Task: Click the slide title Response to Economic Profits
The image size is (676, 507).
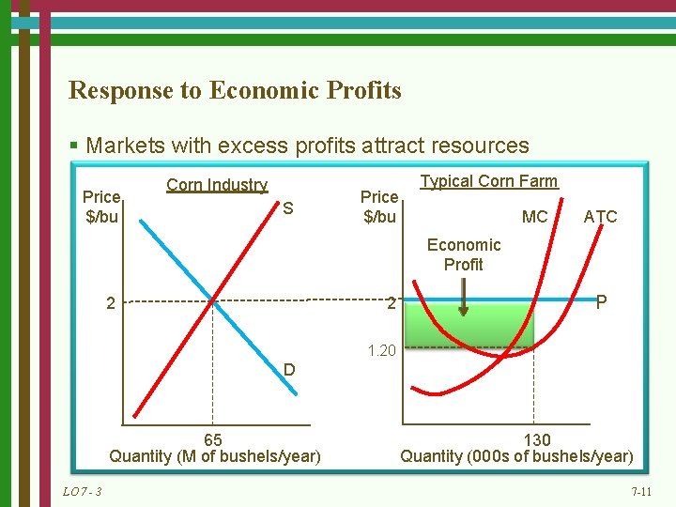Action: click(235, 91)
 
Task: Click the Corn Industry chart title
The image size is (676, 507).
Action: click(217, 185)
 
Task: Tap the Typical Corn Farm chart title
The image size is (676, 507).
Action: click(488, 181)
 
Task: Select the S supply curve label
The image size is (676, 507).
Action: click(288, 208)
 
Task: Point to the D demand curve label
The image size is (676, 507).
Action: click(290, 370)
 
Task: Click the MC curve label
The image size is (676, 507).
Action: click(534, 217)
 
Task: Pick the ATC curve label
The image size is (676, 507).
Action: click(600, 217)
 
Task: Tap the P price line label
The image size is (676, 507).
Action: click(602, 302)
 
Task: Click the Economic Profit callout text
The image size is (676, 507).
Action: click(464, 254)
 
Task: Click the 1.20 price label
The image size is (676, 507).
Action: click(382, 351)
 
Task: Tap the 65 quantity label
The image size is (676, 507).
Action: click(213, 439)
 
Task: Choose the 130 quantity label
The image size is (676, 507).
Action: click(536, 439)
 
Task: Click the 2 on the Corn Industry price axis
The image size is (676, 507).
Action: click(111, 303)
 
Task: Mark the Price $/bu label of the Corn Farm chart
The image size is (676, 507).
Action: click(379, 207)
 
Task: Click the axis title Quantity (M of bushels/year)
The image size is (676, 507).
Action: click(215, 456)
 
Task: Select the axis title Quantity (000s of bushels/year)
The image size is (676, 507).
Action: click(516, 456)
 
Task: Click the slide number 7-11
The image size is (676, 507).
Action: click(642, 492)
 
